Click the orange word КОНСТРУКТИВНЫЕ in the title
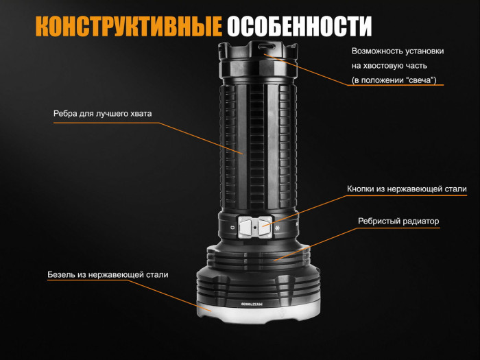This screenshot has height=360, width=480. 128,26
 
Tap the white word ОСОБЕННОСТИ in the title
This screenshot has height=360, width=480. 299,26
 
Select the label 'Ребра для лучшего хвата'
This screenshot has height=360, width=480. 102,113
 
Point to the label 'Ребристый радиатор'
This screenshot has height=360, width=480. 398,221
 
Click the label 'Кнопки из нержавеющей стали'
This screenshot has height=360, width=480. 407,189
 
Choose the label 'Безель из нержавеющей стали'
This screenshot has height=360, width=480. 108,274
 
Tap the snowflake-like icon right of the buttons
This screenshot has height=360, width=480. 278,226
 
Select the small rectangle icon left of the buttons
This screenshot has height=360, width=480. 232,227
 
